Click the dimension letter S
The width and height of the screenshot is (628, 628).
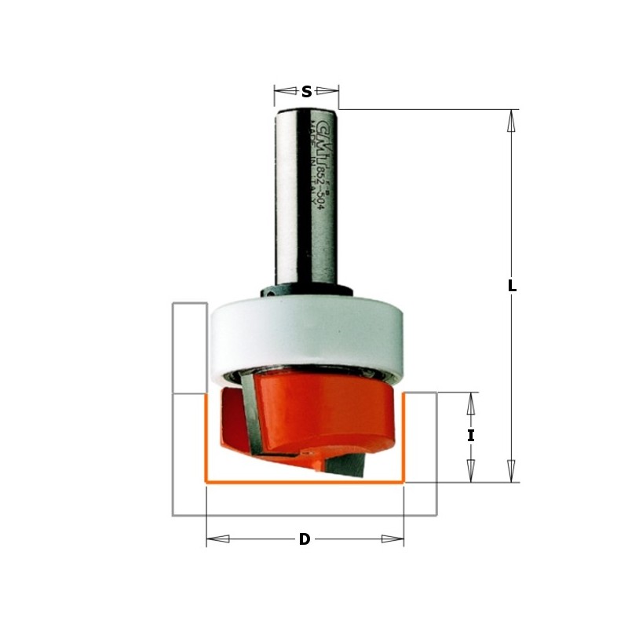click(306, 93)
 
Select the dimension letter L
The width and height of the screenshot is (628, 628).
click(512, 287)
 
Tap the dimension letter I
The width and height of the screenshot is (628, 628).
click(471, 436)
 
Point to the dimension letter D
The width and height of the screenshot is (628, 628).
click(305, 539)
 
